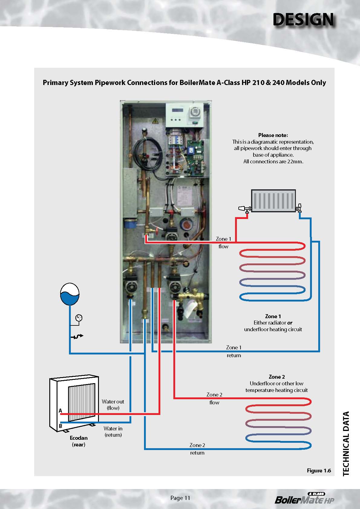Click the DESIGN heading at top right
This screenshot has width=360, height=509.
click(303, 19)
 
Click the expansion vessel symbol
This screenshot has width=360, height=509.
click(70, 294)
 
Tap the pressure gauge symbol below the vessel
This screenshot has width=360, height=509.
click(79, 318)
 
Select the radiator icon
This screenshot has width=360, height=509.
click(273, 201)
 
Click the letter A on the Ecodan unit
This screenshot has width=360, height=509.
click(61, 411)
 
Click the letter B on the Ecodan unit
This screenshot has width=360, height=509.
click(61, 426)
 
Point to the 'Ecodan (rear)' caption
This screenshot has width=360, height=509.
click(79, 441)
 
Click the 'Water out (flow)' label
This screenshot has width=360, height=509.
click(113, 405)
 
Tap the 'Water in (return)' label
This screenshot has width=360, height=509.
click(113, 432)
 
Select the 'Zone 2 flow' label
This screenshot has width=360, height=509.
click(214, 398)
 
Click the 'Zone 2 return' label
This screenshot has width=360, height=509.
click(197, 449)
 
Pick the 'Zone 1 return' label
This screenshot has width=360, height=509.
click(234, 351)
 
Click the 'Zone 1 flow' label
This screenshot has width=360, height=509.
click(223, 243)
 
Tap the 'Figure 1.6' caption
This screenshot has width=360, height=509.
click(319, 471)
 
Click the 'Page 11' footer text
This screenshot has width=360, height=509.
click(180, 498)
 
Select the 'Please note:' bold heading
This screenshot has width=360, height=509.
click(273, 135)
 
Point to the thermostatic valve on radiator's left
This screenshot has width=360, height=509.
click(243, 209)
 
